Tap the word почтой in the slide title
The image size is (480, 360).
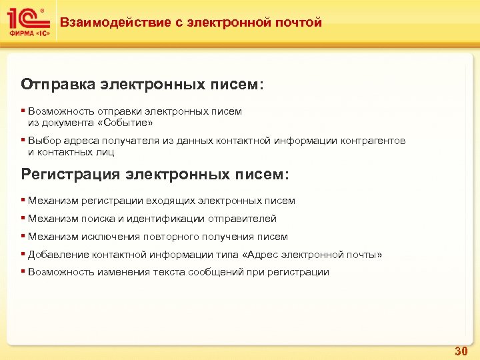[297, 23]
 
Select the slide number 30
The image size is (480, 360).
[461, 350]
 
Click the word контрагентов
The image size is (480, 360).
[373, 141]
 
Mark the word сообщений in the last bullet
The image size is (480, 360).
[215, 272]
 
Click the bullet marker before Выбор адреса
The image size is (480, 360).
[23, 141]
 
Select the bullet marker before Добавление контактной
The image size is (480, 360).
[23, 255]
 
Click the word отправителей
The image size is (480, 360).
[242, 219]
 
